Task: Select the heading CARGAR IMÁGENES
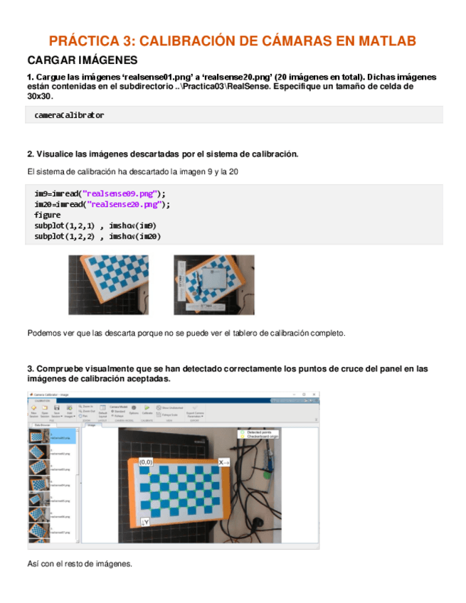pyautogui.click(x=76, y=60)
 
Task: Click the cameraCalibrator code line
pyautogui.click(x=69, y=114)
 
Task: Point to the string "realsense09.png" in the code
pyautogui.click(x=120, y=193)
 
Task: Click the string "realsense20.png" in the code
pyautogui.click(x=125, y=203)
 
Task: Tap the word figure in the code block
pyautogui.click(x=47, y=215)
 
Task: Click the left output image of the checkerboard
pyautogui.click(x=109, y=284)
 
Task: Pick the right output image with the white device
pyautogui.click(x=213, y=284)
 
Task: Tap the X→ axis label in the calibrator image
pyautogui.click(x=225, y=462)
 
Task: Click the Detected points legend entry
pyautogui.click(x=260, y=432)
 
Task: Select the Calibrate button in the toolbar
pyautogui.click(x=148, y=411)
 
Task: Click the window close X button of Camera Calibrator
pyautogui.click(x=314, y=394)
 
